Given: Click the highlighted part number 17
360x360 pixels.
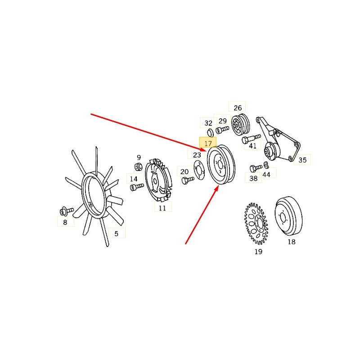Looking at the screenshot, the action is (x=208, y=144).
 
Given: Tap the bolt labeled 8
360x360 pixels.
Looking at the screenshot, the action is (x=66, y=211).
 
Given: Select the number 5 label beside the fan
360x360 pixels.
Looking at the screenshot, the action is (x=117, y=234).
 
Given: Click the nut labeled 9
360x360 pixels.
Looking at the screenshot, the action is (x=138, y=166).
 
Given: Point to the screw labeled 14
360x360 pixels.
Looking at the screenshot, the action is (x=137, y=187).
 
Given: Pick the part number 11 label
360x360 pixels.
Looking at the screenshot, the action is (x=162, y=208).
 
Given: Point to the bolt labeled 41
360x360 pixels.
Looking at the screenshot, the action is (x=251, y=138).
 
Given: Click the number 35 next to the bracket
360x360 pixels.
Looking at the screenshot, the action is (x=302, y=160).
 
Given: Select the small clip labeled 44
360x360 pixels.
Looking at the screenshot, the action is (x=266, y=164).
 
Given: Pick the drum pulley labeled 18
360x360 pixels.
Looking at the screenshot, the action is (x=288, y=216).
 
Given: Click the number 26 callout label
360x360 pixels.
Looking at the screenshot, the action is (x=238, y=108).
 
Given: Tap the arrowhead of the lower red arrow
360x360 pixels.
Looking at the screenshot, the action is (x=216, y=189).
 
